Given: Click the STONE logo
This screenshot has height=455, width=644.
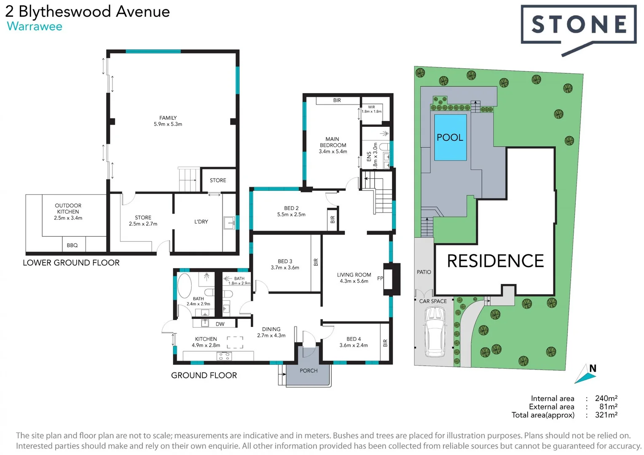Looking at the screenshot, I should click(x=578, y=24).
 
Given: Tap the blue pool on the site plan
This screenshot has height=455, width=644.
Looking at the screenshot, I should click(x=450, y=137).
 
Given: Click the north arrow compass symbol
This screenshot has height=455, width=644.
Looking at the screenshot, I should click(x=586, y=374).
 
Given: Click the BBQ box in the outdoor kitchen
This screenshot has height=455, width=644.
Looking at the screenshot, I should click(x=72, y=245).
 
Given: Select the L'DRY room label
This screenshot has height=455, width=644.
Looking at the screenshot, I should click(x=201, y=222).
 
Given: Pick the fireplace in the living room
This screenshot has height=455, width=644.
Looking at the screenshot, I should click(x=392, y=278).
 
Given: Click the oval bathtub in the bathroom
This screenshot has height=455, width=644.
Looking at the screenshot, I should click(x=185, y=286).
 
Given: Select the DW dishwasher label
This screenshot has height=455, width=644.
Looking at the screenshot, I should click(x=220, y=324).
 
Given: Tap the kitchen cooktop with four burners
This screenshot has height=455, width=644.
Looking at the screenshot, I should click(x=224, y=356).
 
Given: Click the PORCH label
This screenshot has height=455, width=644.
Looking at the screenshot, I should click(x=309, y=371).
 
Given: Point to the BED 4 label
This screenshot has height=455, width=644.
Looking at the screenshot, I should click(x=353, y=339).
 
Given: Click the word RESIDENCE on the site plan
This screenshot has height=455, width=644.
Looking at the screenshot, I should click(x=495, y=261).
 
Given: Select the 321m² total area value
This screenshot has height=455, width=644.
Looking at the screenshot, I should click(x=606, y=415).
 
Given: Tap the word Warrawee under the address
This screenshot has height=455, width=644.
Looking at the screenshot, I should click(x=35, y=27).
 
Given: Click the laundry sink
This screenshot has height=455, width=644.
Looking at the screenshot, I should click(x=229, y=223).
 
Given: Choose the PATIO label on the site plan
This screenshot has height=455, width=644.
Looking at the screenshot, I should click(x=424, y=272).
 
